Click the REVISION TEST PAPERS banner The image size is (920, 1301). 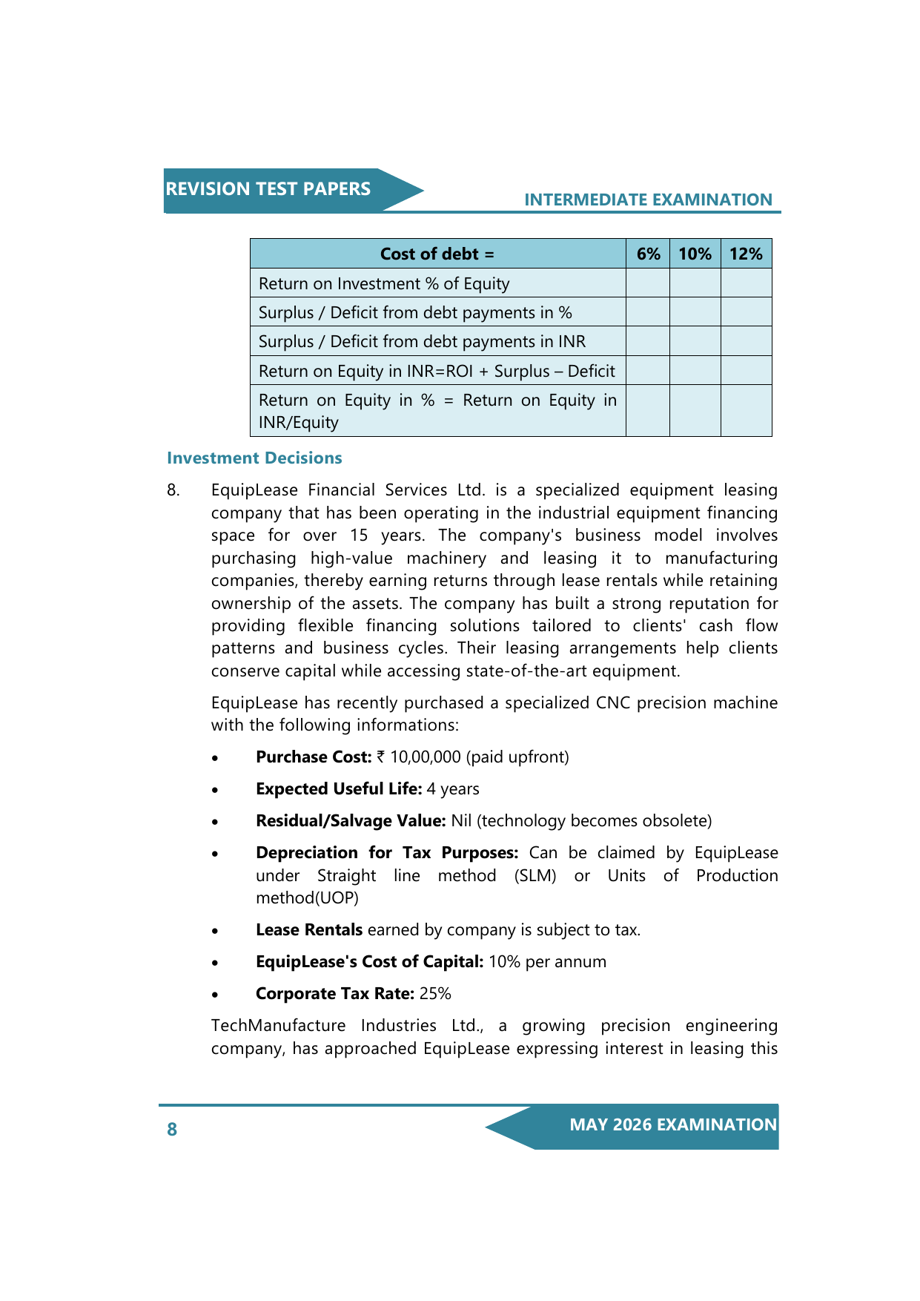click(x=268, y=189)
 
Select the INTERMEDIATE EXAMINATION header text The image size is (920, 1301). click(x=648, y=200)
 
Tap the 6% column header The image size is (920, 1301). click(x=648, y=254)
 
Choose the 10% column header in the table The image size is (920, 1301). click(x=695, y=254)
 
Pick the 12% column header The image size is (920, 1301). click(x=746, y=254)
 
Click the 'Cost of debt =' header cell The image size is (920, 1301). click(x=437, y=254)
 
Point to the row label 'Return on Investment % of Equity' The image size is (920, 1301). click(x=384, y=283)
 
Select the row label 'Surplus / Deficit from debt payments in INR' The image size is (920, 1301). click(x=422, y=341)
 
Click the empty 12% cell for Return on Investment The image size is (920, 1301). click(x=746, y=283)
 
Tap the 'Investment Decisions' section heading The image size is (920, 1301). click(x=254, y=458)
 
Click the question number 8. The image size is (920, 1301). click(x=173, y=490)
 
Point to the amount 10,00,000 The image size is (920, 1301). click(x=426, y=757)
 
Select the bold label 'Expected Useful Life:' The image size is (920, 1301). click(x=339, y=788)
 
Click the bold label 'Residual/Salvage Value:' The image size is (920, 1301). click(x=351, y=820)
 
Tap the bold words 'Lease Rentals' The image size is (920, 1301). click(x=309, y=929)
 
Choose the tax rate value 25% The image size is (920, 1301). click(x=435, y=993)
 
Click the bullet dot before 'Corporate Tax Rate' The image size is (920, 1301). click(x=215, y=995)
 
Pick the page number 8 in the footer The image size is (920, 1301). click(x=172, y=1129)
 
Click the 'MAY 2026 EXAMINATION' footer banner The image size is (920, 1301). click(x=672, y=1124)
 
